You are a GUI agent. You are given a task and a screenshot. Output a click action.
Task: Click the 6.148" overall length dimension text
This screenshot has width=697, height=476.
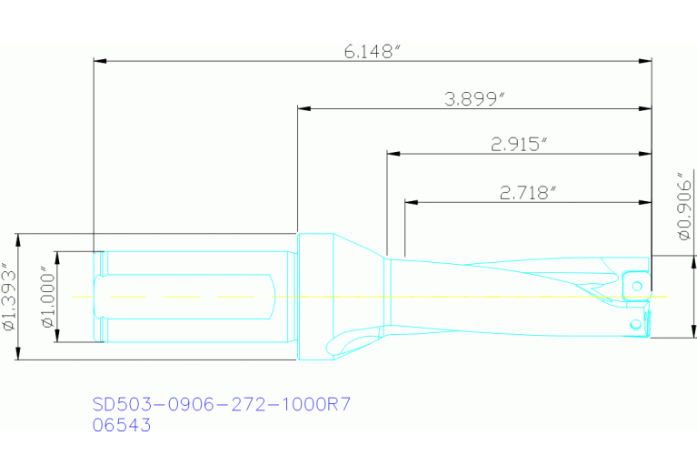372,52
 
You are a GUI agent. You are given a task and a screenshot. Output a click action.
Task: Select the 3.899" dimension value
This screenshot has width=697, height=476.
474,100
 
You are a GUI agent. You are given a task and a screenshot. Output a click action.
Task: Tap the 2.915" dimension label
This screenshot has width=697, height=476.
519,144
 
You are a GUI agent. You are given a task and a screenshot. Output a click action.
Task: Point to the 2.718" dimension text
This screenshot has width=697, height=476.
527,192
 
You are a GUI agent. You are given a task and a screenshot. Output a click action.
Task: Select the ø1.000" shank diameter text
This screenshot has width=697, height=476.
45,297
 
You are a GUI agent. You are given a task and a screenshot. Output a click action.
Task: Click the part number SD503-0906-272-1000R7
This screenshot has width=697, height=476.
222,404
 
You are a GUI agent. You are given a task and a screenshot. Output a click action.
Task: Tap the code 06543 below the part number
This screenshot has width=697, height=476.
123,424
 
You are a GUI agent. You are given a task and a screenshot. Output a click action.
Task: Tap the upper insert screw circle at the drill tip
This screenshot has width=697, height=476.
637,286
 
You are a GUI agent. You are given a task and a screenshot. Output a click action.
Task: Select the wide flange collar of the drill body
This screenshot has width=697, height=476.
315,297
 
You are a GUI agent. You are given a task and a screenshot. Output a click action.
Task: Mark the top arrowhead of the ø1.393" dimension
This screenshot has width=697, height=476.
20,238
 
